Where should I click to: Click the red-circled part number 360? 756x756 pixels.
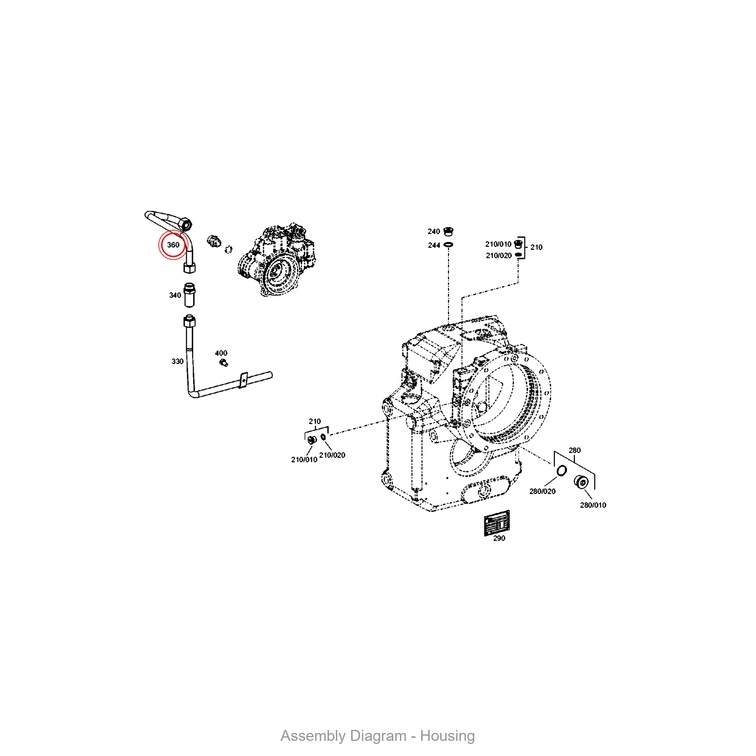[173, 245]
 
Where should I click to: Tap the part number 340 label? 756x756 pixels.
[175, 295]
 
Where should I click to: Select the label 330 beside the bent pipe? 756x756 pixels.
[177, 361]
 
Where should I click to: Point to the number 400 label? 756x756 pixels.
[221, 353]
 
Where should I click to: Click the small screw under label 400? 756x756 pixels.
[224, 363]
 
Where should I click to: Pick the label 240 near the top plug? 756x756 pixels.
[434, 231]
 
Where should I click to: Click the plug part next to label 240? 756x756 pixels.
[449, 231]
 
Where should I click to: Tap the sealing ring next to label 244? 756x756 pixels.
[448, 245]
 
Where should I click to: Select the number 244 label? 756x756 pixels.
[434, 245]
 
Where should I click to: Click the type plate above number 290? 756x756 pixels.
[497, 523]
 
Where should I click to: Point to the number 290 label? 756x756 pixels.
[499, 538]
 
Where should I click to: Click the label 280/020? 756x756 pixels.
[542, 491]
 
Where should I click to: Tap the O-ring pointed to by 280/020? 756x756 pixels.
[562, 471]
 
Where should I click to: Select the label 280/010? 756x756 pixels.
[593, 505]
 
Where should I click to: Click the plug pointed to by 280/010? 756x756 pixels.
[581, 482]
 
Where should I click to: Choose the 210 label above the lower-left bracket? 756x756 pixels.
[314, 421]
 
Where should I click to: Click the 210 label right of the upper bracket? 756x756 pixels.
[536, 247]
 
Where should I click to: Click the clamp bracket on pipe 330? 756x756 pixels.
[243, 380]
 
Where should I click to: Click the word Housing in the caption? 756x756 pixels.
[447, 736]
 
